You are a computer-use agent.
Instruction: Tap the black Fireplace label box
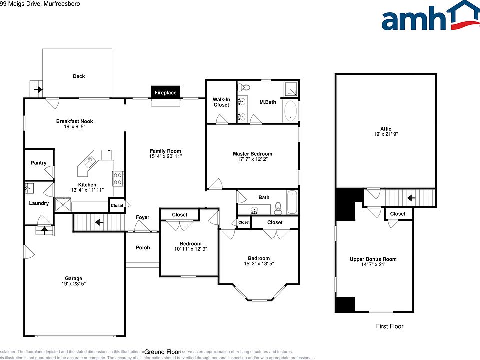pyautogui.click(x=165, y=93)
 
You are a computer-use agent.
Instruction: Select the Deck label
pyautogui.click(x=79, y=76)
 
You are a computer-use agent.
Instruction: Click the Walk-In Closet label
pyautogui.click(x=221, y=102)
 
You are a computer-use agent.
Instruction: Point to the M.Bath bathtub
pyautogui.click(x=290, y=111)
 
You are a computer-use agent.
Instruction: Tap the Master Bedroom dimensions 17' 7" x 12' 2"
pyautogui.click(x=252, y=160)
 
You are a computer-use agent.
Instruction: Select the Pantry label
pyautogui.click(x=38, y=163)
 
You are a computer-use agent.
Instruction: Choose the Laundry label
pyautogui.click(x=39, y=203)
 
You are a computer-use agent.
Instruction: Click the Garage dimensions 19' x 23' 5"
pyautogui.click(x=73, y=285)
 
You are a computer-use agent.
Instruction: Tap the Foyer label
pyautogui.click(x=142, y=217)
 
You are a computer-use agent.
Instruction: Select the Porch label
pyautogui.click(x=143, y=248)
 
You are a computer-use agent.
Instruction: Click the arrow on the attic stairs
pyautogui.click(x=411, y=198)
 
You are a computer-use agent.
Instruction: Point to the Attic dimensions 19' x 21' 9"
pyautogui.click(x=386, y=135)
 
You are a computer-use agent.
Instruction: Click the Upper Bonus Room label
pyautogui.click(x=373, y=259)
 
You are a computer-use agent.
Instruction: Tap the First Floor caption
pyautogui.click(x=389, y=326)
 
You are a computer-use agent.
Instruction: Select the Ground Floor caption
pyautogui.click(x=163, y=351)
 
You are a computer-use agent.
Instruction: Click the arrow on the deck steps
pyautogui.click(x=38, y=91)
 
